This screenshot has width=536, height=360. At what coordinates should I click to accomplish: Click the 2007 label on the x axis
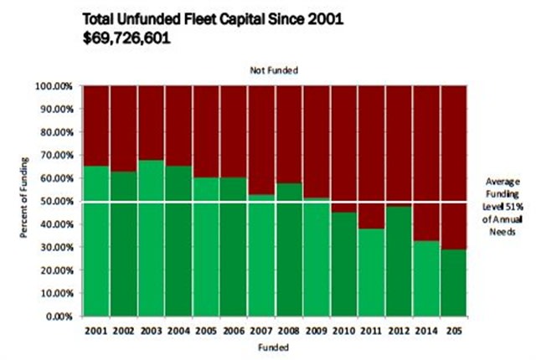[261, 331]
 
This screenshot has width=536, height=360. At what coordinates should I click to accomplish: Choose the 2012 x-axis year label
[399, 331]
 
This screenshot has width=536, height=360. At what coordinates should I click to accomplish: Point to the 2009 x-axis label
[317, 331]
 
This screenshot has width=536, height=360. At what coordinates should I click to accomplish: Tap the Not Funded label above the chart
[275, 71]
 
